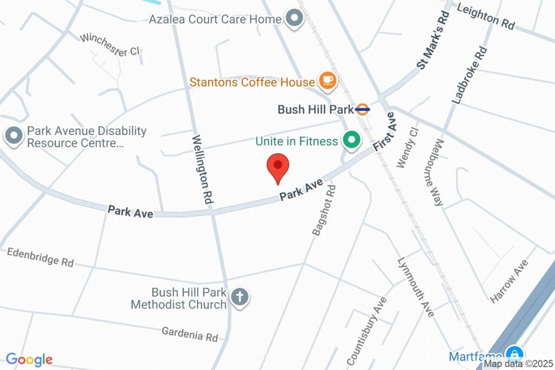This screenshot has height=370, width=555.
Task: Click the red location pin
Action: [279, 167]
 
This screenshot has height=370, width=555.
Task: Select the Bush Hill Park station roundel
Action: [363, 110]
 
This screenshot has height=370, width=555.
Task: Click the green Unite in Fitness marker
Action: [352, 141]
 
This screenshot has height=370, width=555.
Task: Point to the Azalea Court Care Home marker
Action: [295, 19]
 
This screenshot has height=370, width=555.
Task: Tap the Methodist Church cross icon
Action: [239, 297]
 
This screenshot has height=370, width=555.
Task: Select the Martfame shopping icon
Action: [512, 356]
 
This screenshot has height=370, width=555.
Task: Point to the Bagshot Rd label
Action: [324, 210]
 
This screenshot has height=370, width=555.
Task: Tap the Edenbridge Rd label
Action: [40, 257]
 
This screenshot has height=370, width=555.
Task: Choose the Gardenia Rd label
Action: [190, 334]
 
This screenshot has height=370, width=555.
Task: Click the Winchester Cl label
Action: [110, 45]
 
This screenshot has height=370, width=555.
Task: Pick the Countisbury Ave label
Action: [367, 331]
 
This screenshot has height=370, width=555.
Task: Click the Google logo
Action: [29, 359]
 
